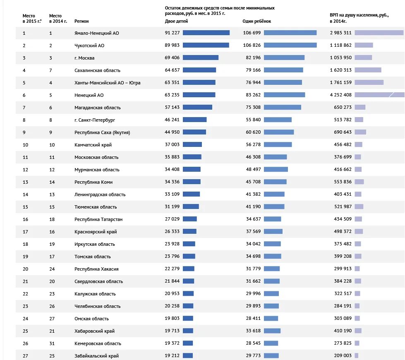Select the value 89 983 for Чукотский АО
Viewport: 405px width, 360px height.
(172, 46)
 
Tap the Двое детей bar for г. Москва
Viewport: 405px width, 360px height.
(201, 58)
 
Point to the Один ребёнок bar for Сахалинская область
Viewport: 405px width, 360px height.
(283, 70)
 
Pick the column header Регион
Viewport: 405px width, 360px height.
(81, 21)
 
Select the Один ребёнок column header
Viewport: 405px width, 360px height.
(256, 21)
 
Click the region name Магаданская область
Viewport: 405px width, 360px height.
(98, 108)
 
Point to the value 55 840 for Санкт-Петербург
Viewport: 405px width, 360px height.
(253, 120)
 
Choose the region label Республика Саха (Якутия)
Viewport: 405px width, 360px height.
(102, 132)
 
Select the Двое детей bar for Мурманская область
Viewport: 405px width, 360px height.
(192, 170)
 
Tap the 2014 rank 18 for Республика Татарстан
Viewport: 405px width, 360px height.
(51, 219)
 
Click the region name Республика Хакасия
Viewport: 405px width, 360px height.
(96, 269)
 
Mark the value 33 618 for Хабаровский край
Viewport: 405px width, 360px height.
(253, 331)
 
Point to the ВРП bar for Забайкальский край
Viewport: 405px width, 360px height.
(357, 356)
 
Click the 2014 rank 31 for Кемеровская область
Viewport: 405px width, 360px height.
(51, 343)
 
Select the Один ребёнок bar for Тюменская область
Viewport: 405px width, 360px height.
(274, 207)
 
